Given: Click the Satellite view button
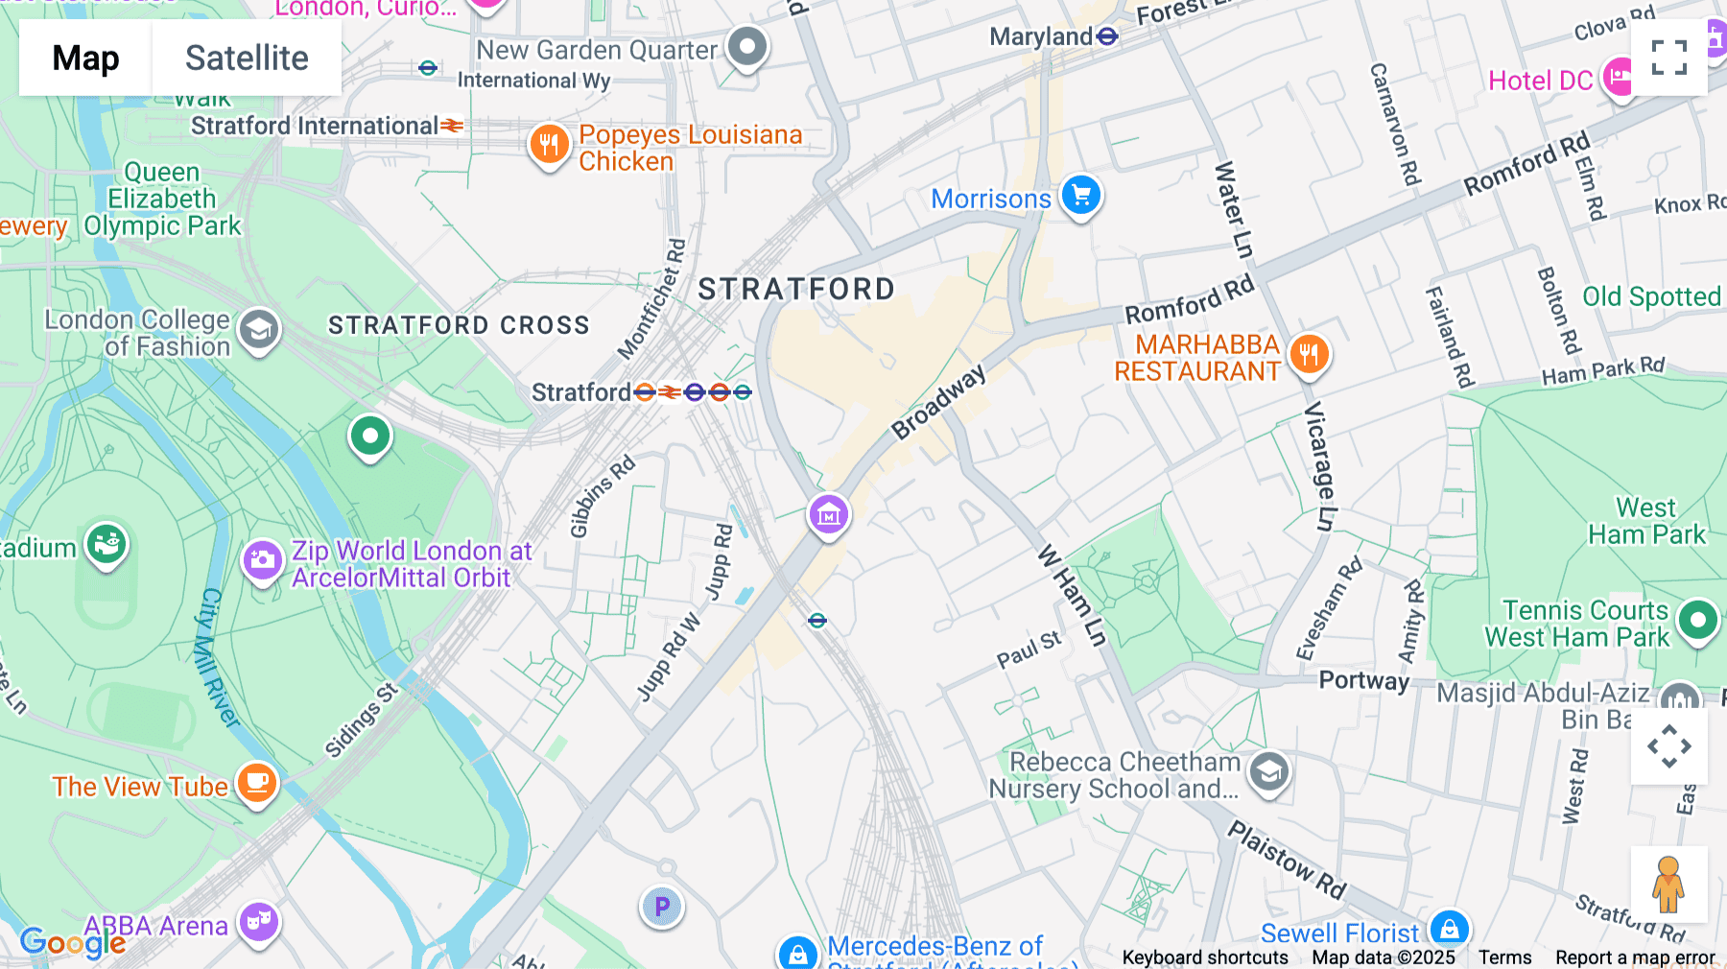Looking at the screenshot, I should (x=247, y=58).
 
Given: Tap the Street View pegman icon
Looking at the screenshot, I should (x=1668, y=884).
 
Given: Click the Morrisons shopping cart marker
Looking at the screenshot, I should (x=1081, y=196).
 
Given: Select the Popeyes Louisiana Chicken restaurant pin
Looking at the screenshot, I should (x=549, y=145).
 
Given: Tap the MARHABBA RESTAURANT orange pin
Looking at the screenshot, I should (x=1309, y=354).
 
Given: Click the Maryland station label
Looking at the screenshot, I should (x=1041, y=36).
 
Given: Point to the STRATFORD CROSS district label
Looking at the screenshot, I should (x=459, y=325).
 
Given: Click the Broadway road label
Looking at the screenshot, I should (x=937, y=402).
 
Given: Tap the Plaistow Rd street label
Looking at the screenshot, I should (x=1287, y=860).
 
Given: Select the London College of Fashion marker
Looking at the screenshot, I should (x=259, y=330).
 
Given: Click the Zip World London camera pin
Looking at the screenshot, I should (x=262, y=560).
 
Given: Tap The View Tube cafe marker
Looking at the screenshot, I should (x=256, y=783).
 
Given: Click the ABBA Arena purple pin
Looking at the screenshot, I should (x=259, y=922).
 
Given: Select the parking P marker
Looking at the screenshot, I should (x=661, y=906).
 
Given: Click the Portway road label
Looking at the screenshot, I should (x=1363, y=680).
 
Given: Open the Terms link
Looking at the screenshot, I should (x=1504, y=957).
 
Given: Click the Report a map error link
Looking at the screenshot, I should (x=1634, y=957).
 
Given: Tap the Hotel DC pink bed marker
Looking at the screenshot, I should (x=1619, y=77).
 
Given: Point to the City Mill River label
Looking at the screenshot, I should (x=218, y=657).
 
